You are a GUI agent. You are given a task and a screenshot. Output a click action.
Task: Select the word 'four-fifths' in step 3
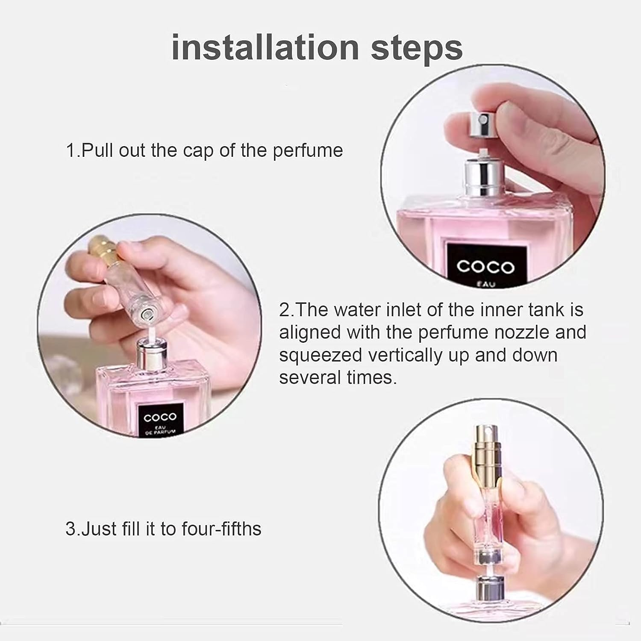221,529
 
